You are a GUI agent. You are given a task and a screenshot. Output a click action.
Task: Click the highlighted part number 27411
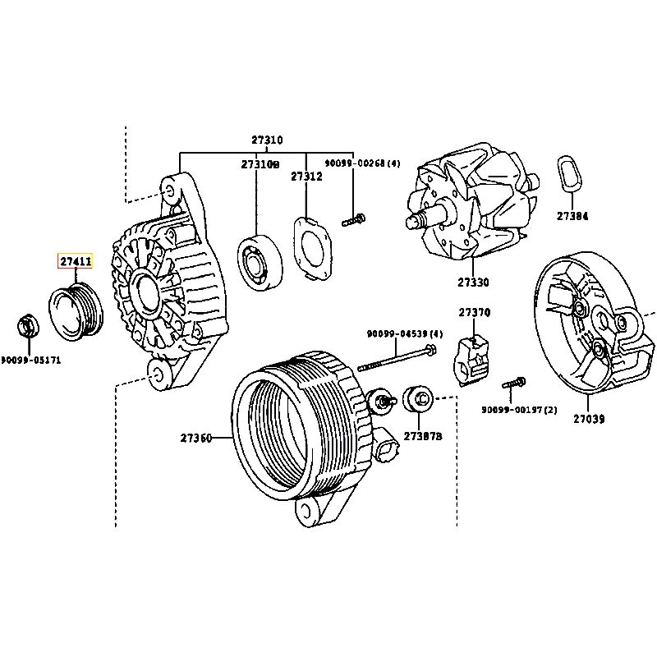(76, 261)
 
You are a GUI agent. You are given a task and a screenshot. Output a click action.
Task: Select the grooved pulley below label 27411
(76, 311)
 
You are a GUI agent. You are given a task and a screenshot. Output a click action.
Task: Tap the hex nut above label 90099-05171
(28, 325)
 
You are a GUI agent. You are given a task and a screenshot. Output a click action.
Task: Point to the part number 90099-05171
(31, 360)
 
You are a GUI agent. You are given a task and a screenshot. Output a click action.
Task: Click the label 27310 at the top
(267, 140)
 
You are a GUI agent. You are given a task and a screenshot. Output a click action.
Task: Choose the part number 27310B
(260, 164)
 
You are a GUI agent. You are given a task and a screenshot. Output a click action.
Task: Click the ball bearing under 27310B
(260, 262)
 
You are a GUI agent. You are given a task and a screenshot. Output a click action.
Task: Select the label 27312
(306, 177)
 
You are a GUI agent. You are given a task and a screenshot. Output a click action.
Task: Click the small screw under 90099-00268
(353, 219)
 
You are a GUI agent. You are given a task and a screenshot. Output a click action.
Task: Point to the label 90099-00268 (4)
(362, 163)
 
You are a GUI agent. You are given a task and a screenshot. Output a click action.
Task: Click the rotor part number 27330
(473, 283)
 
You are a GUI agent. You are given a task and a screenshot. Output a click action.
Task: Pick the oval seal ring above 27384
(570, 175)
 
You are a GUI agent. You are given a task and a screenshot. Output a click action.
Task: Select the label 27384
(572, 216)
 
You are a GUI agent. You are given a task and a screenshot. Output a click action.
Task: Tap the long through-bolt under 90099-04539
(397, 357)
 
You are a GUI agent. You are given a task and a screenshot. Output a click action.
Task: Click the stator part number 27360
(196, 438)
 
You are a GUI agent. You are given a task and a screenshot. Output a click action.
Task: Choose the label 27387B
(423, 436)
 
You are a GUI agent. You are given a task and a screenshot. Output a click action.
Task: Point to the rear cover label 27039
(589, 419)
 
